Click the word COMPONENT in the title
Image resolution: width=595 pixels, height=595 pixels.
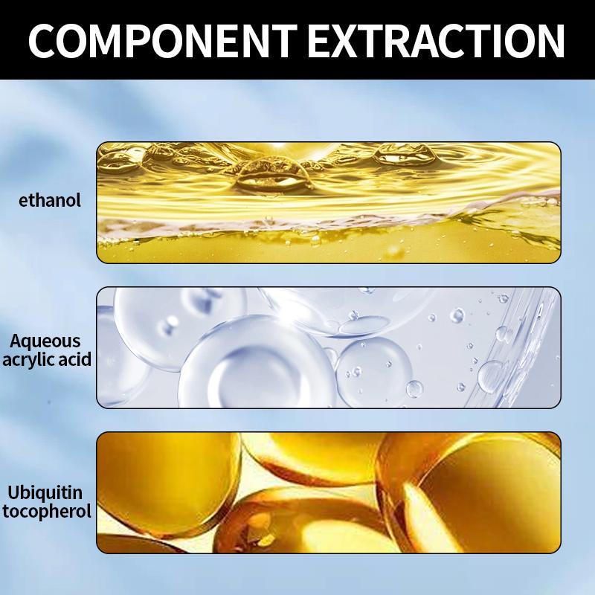[x=162, y=41]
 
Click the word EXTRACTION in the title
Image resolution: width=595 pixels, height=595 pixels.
[x=437, y=41]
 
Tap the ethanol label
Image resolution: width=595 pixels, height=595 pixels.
[x=50, y=200]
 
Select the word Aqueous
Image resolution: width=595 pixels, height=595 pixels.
[x=45, y=342]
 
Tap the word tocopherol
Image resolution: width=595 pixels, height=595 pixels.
[x=47, y=511]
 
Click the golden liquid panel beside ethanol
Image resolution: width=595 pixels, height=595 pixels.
[x=329, y=202]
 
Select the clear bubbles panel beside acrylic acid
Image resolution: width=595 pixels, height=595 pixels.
[x=329, y=347]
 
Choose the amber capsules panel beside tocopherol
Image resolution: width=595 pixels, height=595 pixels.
[x=329, y=492]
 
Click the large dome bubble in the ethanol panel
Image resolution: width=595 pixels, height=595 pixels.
[x=271, y=176]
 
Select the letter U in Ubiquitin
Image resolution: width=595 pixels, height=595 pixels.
[x=14, y=492]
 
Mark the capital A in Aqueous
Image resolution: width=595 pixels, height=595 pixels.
[x=16, y=341]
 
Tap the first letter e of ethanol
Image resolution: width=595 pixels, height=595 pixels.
[x=24, y=201]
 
